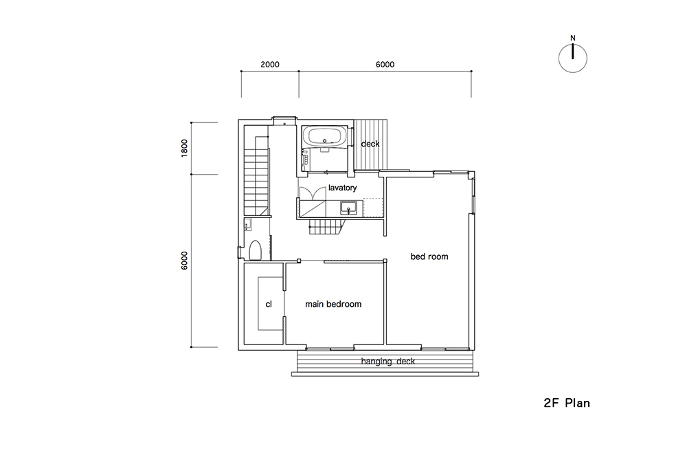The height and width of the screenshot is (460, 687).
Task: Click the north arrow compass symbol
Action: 573,58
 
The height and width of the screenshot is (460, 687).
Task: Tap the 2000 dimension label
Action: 270,65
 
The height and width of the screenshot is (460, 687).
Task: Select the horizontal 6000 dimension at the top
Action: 385,65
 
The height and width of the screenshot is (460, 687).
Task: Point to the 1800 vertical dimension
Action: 184,149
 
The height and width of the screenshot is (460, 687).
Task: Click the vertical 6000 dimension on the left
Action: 184,261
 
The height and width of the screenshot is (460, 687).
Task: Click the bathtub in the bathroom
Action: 325,136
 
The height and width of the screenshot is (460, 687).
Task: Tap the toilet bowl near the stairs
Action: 255,250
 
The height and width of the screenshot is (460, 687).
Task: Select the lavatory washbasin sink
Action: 349,207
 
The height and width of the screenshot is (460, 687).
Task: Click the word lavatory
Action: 343,188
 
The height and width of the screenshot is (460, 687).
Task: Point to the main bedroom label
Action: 333,304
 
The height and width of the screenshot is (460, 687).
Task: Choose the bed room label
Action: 429,256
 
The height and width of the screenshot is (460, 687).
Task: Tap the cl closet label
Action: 269,304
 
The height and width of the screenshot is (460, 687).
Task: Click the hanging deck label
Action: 387,362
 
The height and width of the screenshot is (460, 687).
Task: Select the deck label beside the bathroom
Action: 370,144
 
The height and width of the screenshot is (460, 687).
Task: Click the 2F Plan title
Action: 567,403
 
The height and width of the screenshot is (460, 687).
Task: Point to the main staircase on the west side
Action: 256,175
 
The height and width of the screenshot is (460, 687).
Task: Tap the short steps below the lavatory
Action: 326,227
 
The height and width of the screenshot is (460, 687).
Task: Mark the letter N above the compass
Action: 573,38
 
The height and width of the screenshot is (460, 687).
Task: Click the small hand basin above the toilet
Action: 247,224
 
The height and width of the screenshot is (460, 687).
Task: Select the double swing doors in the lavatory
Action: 312,193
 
